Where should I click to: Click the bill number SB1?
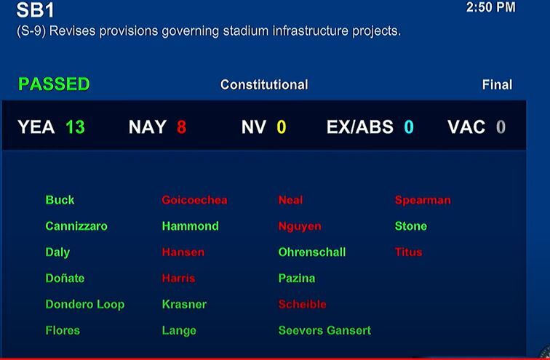(35, 11)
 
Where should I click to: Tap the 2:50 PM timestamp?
(490, 7)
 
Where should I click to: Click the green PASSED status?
(54, 84)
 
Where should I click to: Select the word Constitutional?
(264, 85)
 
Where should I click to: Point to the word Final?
(497, 85)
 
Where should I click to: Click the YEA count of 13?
(75, 127)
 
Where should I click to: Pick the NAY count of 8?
(181, 127)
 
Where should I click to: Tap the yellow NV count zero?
(281, 127)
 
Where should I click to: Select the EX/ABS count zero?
(408, 127)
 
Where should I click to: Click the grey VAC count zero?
(501, 127)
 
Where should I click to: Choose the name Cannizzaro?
(76, 226)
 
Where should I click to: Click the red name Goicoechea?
(194, 200)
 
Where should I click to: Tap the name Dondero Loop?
(84, 305)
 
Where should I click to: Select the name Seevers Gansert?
(324, 331)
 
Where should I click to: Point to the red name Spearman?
(423, 200)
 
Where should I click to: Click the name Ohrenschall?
(311, 252)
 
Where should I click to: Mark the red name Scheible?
(302, 305)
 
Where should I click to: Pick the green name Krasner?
(184, 305)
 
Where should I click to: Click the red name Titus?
(408, 252)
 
